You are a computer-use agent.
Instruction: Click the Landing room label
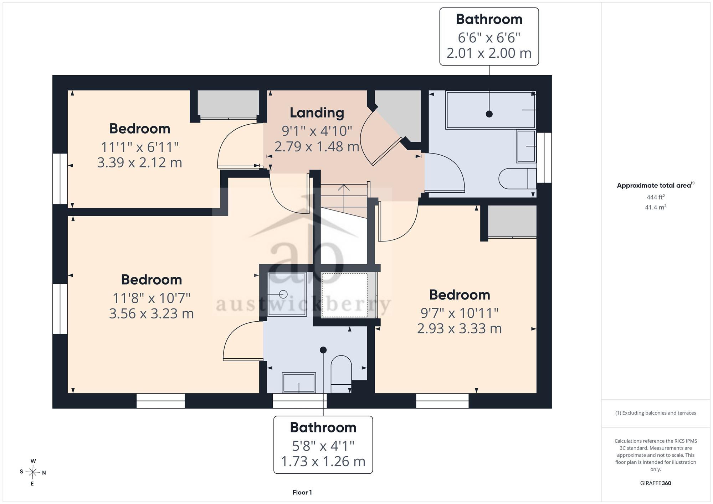317,113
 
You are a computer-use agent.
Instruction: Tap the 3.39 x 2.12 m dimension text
139,162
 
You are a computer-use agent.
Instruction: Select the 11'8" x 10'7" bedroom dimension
152,298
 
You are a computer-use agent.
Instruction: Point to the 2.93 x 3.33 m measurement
459,328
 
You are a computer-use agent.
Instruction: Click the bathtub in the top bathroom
491,110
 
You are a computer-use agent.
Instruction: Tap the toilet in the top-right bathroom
517,178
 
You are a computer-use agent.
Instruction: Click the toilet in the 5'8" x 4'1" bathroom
341,374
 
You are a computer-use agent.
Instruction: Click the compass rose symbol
32,472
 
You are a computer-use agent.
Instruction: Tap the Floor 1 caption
302,492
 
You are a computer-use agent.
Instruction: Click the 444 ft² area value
655,197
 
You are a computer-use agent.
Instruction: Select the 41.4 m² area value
655,207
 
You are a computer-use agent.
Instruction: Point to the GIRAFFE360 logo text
655,483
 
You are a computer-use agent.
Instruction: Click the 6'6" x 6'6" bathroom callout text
489,37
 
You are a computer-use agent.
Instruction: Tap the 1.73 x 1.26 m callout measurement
323,462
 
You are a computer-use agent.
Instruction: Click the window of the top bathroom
544,158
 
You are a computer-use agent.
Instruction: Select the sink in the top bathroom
526,146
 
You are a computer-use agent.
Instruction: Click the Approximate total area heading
655,185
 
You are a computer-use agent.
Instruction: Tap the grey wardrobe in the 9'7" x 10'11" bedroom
512,221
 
